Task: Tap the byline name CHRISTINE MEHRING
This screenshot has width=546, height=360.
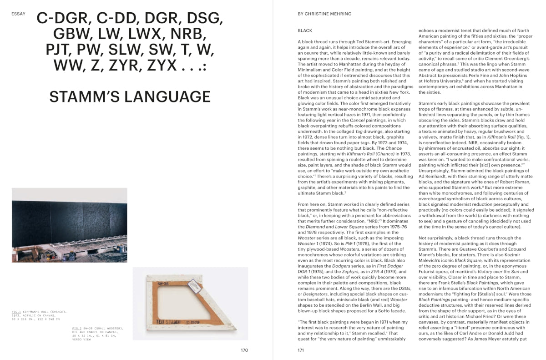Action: tap(327, 14)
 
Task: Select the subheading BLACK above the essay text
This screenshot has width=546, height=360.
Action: tap(305, 30)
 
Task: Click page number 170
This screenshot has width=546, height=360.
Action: tap(244, 350)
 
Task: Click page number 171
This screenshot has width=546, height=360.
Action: tap(301, 350)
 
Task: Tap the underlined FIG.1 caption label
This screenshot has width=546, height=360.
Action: tap(17, 312)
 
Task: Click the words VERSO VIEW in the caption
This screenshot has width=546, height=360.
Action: tap(81, 339)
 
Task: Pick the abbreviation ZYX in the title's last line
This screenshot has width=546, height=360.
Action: tap(161, 65)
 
